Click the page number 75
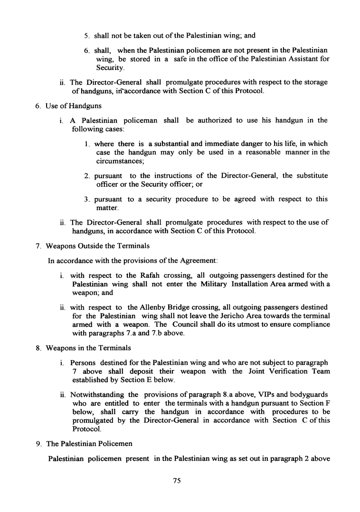click(178, 481)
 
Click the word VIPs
click(268, 395)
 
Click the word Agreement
click(197, 261)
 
